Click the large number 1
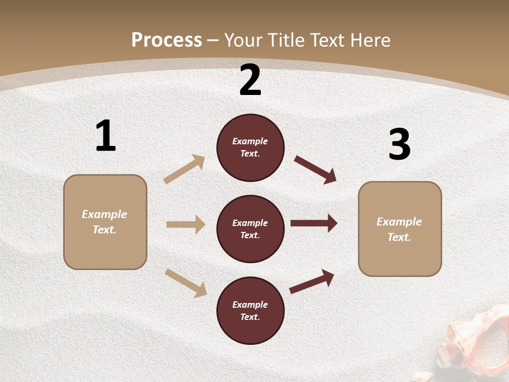[x=106, y=136]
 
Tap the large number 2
[x=250, y=81]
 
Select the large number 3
[x=399, y=145]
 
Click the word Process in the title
[x=166, y=40]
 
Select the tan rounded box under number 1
[x=105, y=222]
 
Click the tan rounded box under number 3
[x=400, y=229]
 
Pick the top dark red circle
[x=250, y=147]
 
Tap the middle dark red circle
[x=250, y=229]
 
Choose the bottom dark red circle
[x=250, y=310]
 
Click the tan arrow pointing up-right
[x=185, y=169]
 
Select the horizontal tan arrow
[x=186, y=224]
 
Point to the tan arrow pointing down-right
[x=186, y=282]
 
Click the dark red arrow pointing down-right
[x=315, y=169]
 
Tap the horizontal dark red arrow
[x=314, y=223]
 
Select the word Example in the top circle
[x=250, y=141]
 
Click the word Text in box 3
[x=399, y=237]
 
